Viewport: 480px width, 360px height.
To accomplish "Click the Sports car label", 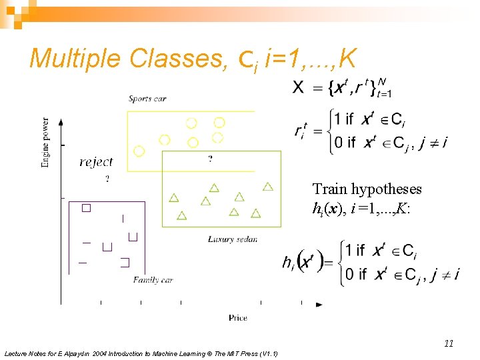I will (x=147, y=99).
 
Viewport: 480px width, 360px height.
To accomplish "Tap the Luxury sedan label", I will (x=232, y=239).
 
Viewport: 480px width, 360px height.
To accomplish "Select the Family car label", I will (x=153, y=280).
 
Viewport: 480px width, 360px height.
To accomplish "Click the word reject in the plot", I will (x=96, y=162).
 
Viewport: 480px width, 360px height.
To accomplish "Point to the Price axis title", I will (x=238, y=317).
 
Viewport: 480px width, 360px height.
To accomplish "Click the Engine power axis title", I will (x=45, y=142).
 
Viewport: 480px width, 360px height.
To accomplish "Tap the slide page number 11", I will (x=449, y=343).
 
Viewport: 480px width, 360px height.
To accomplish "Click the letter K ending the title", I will (x=347, y=59).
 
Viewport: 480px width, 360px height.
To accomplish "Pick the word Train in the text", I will (x=330, y=189).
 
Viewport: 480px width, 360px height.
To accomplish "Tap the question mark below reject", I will (x=107, y=179).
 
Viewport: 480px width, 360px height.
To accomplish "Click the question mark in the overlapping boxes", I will (x=211, y=159).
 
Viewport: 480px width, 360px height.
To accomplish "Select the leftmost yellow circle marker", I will (x=139, y=151).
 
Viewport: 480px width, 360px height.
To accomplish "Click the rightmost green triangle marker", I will (x=268, y=187).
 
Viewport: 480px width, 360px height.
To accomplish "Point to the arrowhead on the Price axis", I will (x=319, y=305).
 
